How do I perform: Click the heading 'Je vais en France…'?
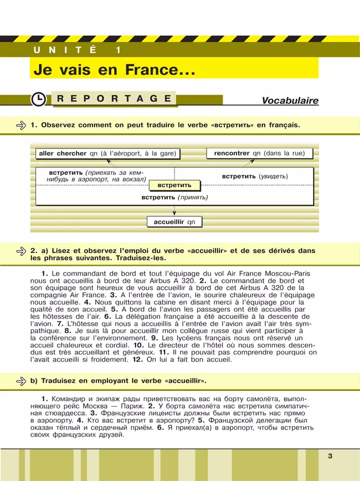click(x=114, y=70)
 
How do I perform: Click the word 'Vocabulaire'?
click(x=290, y=101)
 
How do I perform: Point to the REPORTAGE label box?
click(x=114, y=99)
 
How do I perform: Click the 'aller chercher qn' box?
click(x=110, y=153)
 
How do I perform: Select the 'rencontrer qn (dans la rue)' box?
click(x=259, y=153)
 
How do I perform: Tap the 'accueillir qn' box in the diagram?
click(x=174, y=222)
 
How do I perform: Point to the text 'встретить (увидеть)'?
click(x=255, y=176)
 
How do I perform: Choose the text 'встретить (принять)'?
click(x=174, y=197)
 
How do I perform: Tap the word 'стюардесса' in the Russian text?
click(x=63, y=413)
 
